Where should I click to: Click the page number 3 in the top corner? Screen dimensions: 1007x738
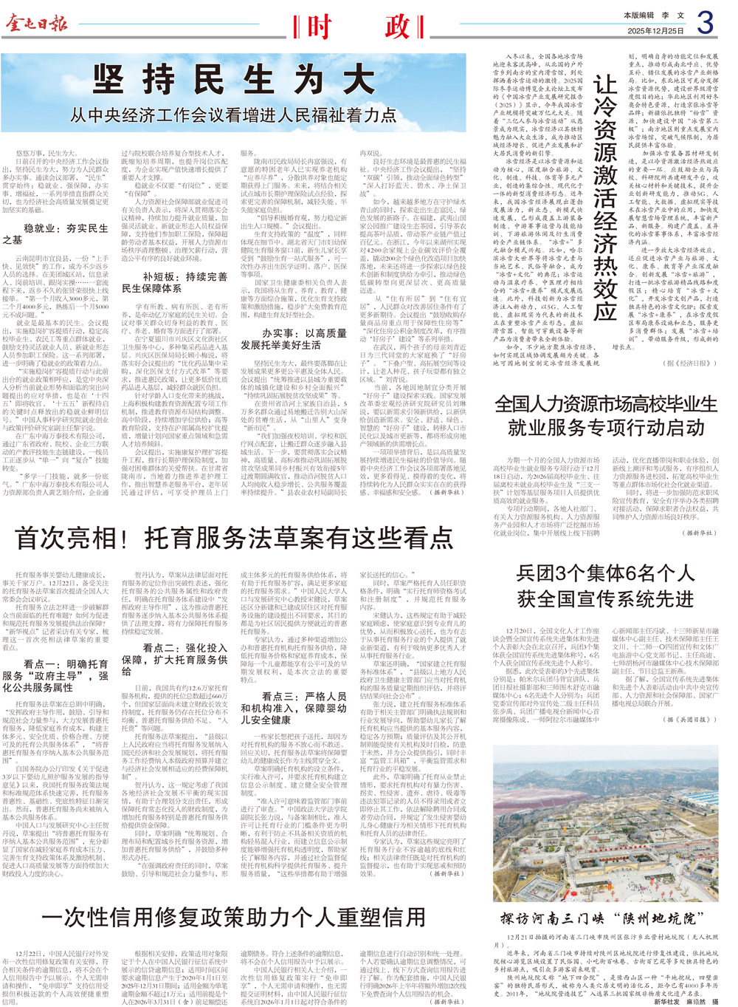[x=705, y=23]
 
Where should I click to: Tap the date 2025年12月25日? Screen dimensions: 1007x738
[x=655, y=31]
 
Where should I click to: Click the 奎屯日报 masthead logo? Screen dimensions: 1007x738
[x=37, y=24]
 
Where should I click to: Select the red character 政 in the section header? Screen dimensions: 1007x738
[x=396, y=27]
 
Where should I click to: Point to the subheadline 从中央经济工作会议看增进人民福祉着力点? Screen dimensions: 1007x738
[x=233, y=115]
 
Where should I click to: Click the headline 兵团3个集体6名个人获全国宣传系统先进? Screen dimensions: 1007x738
[x=605, y=585]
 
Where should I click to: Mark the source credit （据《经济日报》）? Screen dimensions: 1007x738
[x=690, y=363]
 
